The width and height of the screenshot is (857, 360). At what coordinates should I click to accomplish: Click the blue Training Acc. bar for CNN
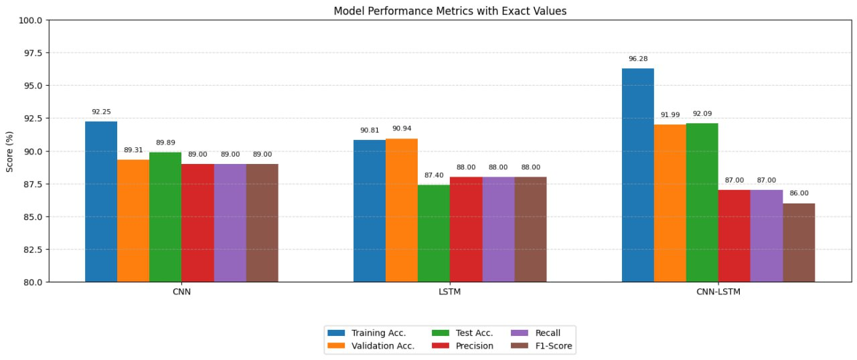tap(101, 201)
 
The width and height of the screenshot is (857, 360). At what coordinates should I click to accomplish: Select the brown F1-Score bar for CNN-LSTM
tap(799, 242)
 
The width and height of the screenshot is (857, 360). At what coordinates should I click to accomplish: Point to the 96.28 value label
tap(638, 59)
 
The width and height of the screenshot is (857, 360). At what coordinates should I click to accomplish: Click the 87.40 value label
tap(434, 175)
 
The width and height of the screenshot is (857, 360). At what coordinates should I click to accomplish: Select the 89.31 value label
tap(133, 150)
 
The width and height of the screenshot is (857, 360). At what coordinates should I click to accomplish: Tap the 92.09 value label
tap(702, 114)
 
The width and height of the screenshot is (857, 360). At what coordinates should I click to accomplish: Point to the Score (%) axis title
tap(10, 151)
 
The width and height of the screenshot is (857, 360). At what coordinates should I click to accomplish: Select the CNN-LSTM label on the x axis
tap(718, 292)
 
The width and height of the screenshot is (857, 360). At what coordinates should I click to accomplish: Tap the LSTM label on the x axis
tap(450, 292)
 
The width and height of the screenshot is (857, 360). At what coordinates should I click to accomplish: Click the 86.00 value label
tap(799, 193)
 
